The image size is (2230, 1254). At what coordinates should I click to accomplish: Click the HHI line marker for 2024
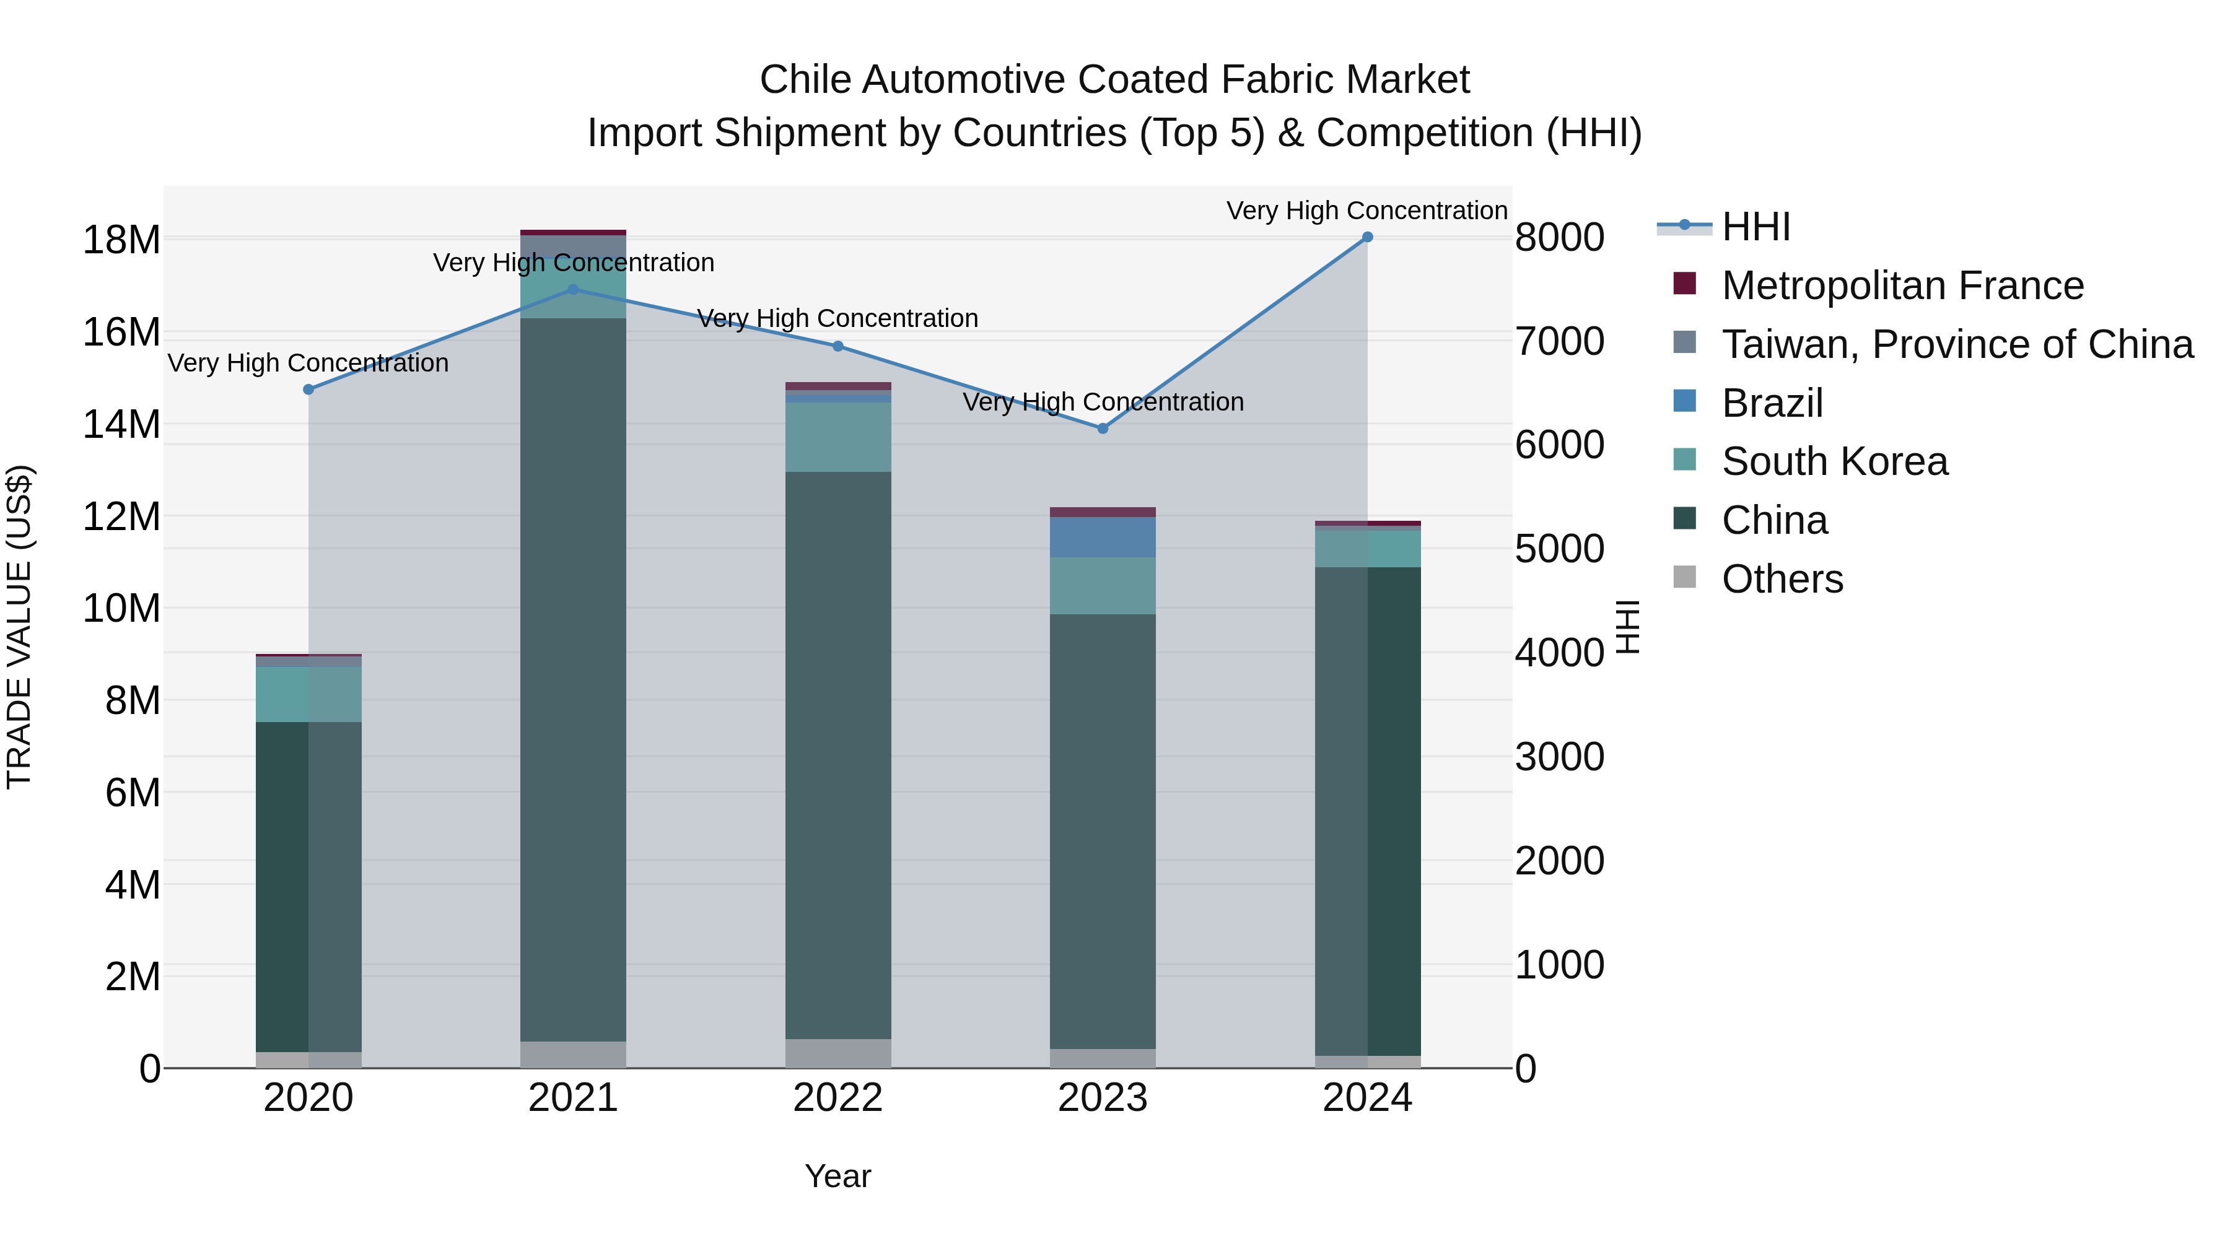click(1367, 237)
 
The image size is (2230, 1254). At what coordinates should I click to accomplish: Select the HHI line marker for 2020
click(308, 390)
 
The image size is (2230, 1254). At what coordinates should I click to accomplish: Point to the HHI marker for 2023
click(1102, 429)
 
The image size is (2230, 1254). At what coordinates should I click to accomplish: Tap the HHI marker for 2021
click(573, 290)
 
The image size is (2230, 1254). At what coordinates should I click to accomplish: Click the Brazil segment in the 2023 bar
click(1102, 538)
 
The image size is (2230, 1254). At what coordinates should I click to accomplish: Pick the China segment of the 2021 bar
click(573, 679)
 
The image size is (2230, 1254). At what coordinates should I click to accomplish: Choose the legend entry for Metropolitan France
click(1902, 285)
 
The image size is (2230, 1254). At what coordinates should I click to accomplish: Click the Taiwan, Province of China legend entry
click(1956, 344)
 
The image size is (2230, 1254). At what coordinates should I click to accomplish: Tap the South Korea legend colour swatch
click(1685, 459)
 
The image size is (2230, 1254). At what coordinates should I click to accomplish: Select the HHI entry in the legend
click(1756, 227)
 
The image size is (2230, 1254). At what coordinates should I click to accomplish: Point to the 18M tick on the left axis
click(121, 240)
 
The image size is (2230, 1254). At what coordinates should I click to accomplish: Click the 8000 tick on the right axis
click(1559, 237)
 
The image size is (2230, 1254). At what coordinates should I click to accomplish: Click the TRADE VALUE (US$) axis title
click(19, 627)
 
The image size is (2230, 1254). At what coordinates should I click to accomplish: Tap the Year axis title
click(837, 1176)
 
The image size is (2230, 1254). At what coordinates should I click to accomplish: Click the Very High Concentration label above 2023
click(1102, 403)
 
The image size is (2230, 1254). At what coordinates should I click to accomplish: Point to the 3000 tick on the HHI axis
click(1559, 757)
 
